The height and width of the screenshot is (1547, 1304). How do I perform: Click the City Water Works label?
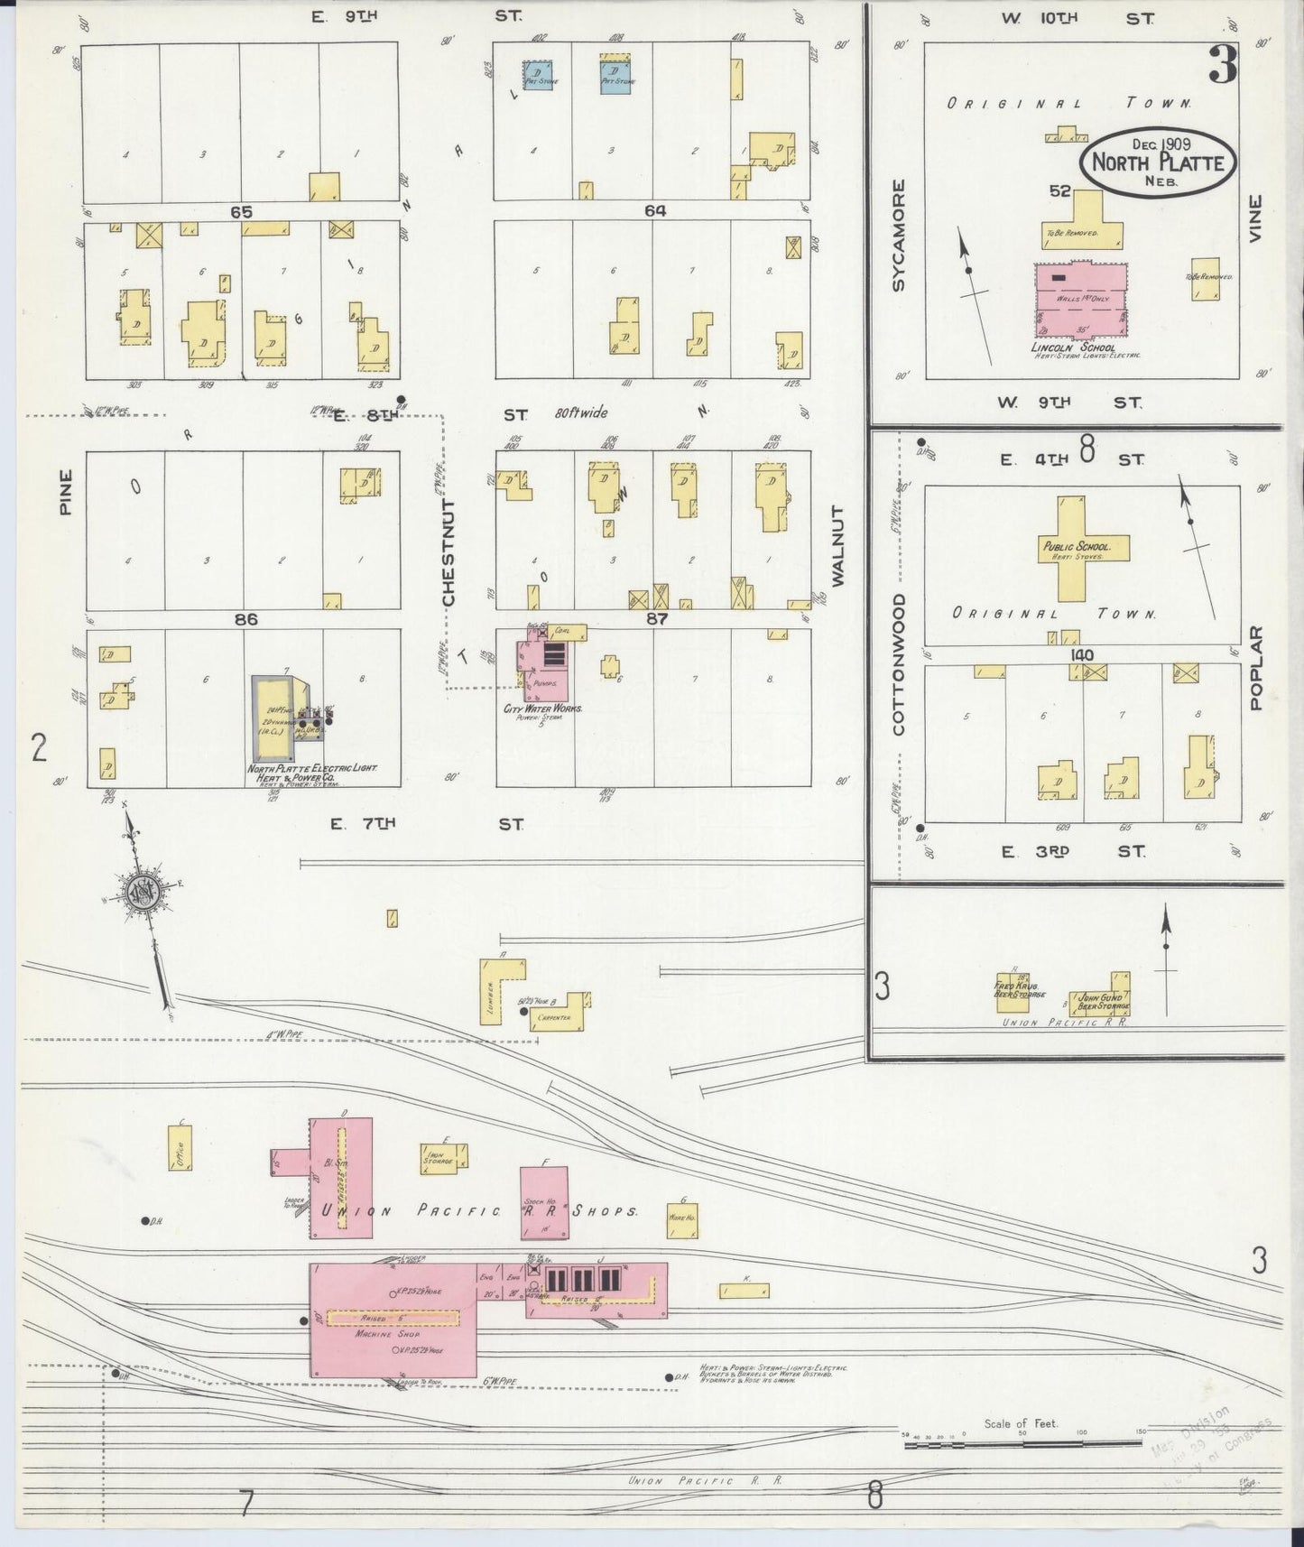coord(541,709)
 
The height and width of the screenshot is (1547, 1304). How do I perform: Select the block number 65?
coord(241,212)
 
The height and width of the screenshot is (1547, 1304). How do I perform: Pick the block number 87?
coord(656,619)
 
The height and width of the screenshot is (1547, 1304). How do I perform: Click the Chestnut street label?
coord(449,551)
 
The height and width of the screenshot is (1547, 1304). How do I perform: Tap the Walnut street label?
coord(837,546)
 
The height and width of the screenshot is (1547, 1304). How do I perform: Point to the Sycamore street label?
coord(898,235)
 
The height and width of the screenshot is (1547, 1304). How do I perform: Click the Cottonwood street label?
coord(899,663)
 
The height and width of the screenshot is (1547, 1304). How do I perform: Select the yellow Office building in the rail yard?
coord(180,1148)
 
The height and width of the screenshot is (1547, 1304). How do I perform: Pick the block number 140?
coord(1082,655)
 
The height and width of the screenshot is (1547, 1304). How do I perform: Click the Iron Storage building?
coord(443,1158)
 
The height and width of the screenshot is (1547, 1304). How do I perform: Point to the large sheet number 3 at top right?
coord(1223,64)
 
